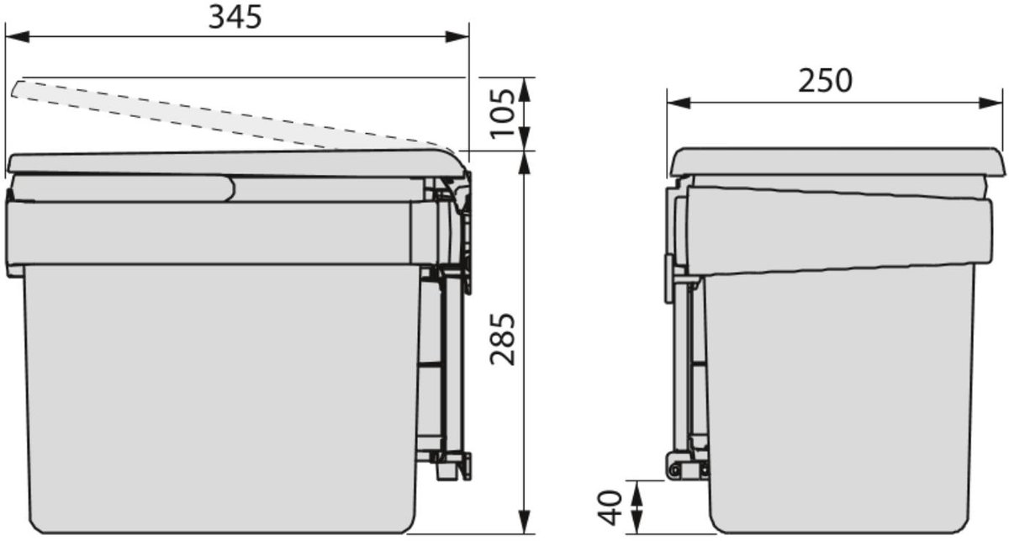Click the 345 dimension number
[x=235, y=18]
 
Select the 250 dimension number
[x=825, y=81]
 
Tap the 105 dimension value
[x=502, y=114]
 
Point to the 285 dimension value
[x=502, y=339]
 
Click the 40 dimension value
[x=610, y=508]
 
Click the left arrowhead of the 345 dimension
[x=17, y=37]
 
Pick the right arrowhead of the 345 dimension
[x=457, y=37]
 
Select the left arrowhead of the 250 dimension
[x=679, y=103]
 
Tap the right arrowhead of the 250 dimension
[x=991, y=103]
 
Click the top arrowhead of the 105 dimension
[x=524, y=89]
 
